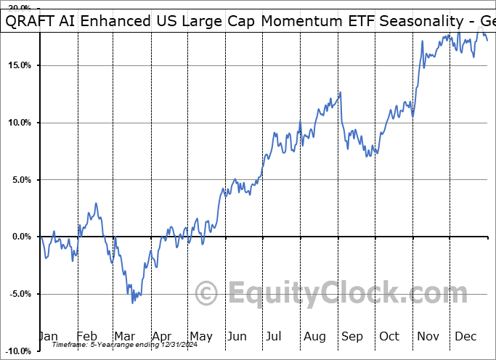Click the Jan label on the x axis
pos(48,336)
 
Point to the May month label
pos(200,336)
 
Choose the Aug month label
pos(315,336)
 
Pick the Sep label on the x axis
pos(352,336)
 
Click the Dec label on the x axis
pos(465,336)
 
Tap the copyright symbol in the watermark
pos(207,294)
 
